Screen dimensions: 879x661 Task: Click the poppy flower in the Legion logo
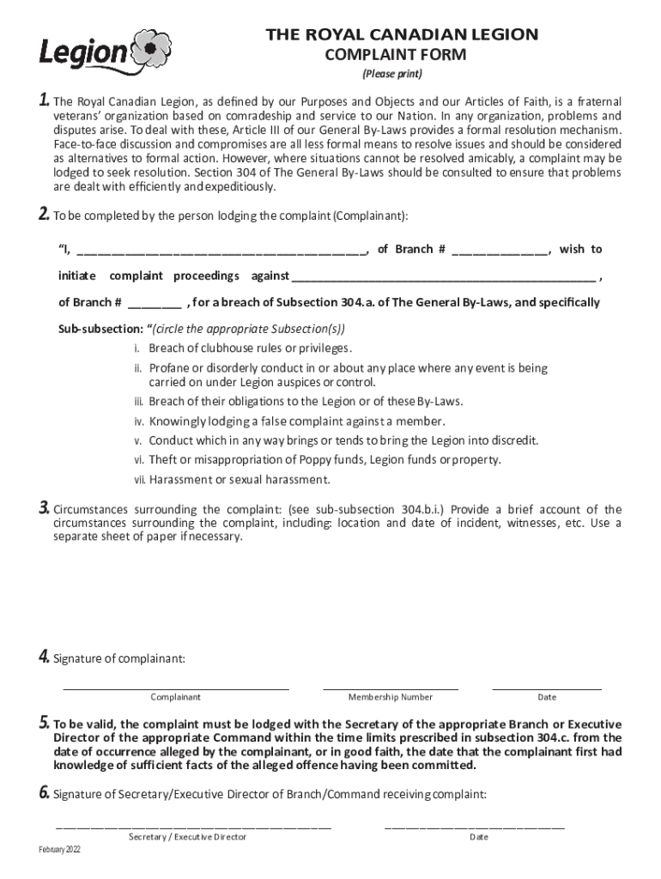point(151,49)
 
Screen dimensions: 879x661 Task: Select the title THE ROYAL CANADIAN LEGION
point(402,34)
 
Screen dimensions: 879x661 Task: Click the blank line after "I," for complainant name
point(221,252)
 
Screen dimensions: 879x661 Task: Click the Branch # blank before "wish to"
point(500,252)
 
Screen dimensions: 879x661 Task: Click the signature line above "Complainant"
point(175,687)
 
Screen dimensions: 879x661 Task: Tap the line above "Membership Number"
point(391,687)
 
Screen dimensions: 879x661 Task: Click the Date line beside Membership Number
point(547,687)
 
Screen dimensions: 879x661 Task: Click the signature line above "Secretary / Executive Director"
point(193,827)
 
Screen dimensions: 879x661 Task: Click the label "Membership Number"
point(391,697)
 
